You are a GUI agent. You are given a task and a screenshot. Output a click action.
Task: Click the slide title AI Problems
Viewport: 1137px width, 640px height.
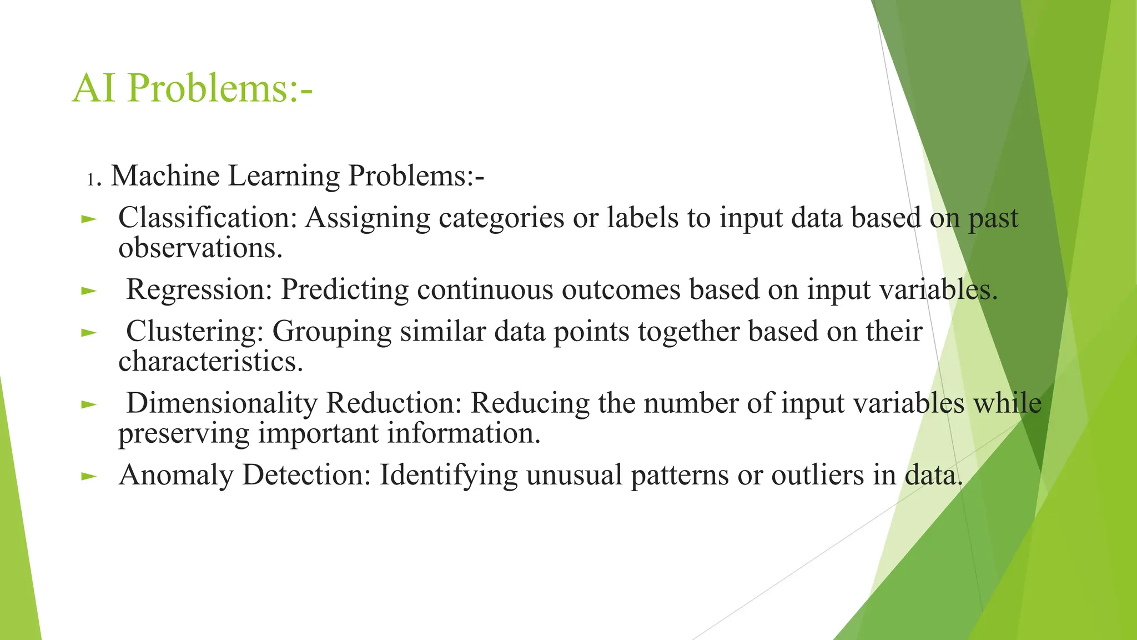click(192, 88)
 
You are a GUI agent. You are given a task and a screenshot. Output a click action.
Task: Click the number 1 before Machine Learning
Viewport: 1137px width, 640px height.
click(91, 179)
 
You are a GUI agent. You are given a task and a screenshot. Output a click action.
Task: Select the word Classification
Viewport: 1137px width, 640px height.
click(208, 218)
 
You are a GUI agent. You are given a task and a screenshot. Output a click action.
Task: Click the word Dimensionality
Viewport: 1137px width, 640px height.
click(222, 403)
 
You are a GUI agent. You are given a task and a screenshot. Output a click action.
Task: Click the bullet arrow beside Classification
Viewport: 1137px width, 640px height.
click(89, 219)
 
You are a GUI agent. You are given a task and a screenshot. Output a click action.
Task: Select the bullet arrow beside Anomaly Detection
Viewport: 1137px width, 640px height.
click(89, 477)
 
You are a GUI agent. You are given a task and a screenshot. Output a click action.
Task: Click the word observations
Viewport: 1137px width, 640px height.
click(200, 248)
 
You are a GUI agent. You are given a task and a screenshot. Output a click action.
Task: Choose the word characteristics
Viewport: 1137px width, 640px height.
click(210, 362)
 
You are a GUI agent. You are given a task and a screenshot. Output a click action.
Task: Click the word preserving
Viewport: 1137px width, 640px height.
click(184, 434)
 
